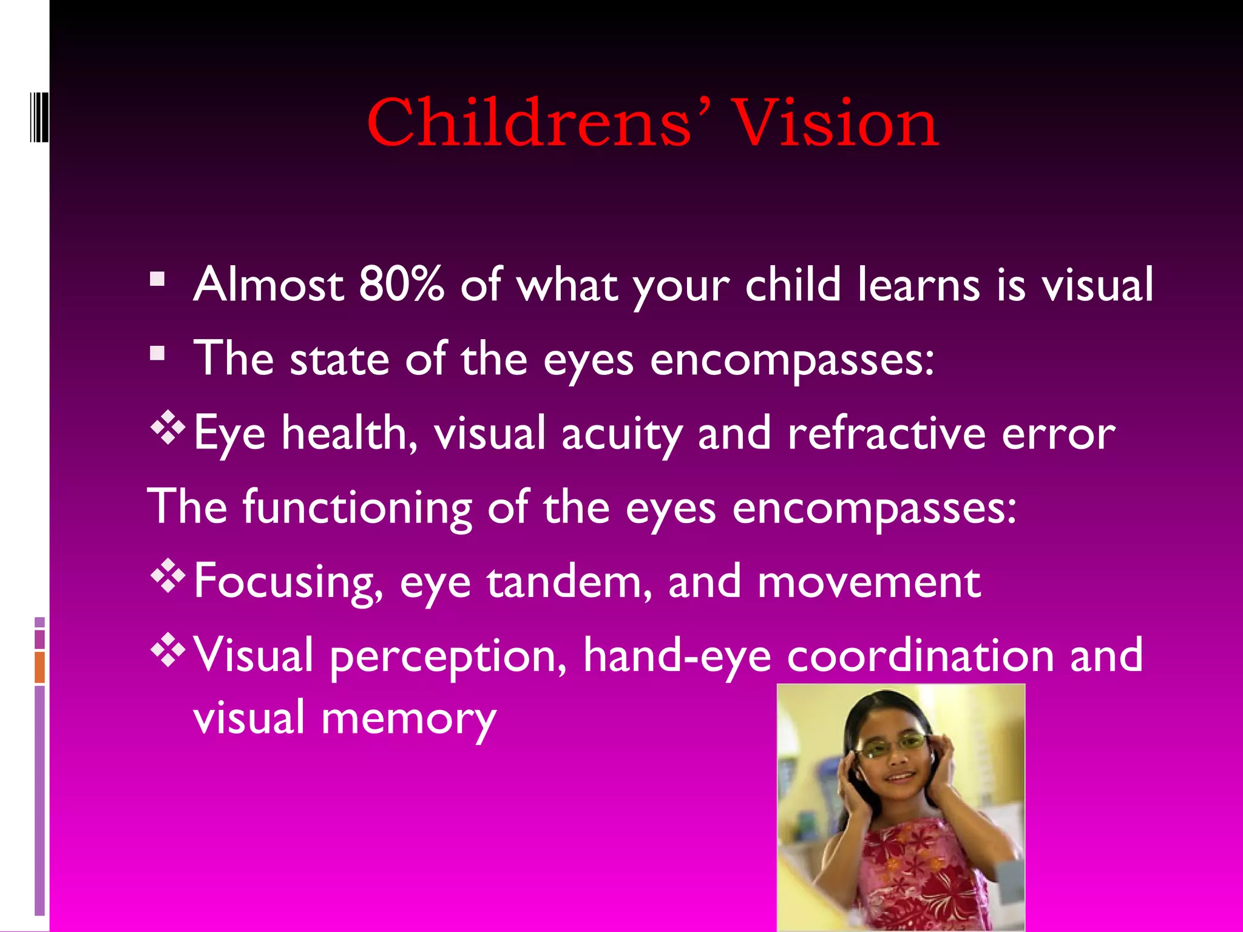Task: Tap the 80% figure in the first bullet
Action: [x=401, y=284]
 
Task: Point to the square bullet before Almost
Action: [x=157, y=279]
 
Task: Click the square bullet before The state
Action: [x=157, y=353]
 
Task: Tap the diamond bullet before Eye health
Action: [x=167, y=427]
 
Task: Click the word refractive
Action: [x=887, y=433]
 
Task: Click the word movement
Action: [x=869, y=581]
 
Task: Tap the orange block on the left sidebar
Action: [x=39, y=667]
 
